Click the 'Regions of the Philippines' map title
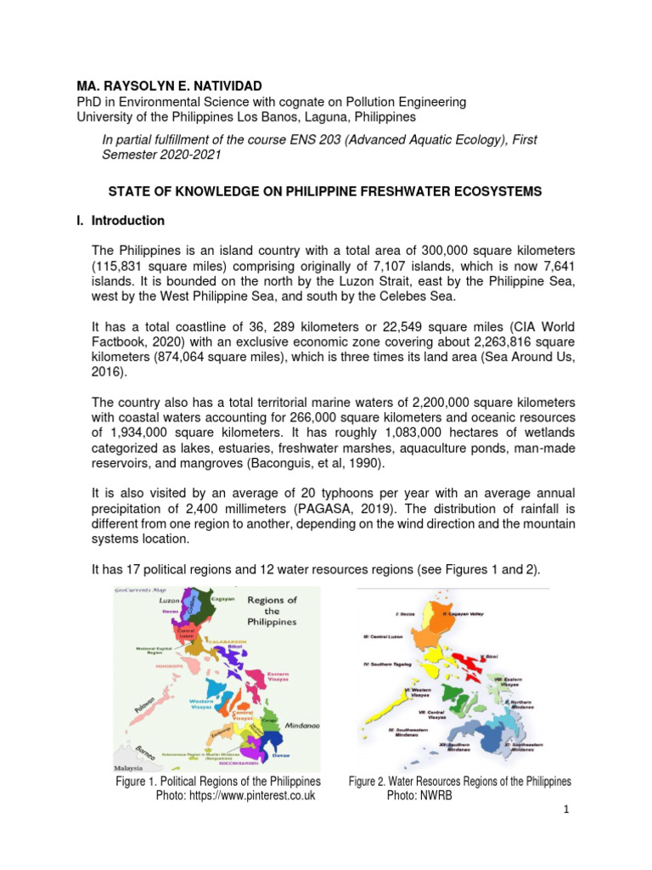pos(273,611)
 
